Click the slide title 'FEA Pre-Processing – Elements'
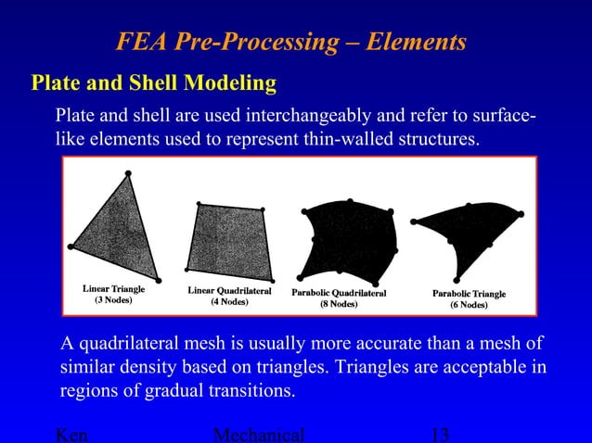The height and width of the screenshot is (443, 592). pyautogui.click(x=290, y=42)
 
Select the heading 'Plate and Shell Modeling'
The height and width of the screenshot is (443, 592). pyautogui.click(x=154, y=83)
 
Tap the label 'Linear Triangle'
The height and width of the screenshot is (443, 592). pyautogui.click(x=114, y=289)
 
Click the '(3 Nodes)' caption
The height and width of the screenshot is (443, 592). pyautogui.click(x=114, y=301)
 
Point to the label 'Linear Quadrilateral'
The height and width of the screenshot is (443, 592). pyautogui.click(x=229, y=290)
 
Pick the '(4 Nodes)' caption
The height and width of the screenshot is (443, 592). pyautogui.click(x=229, y=302)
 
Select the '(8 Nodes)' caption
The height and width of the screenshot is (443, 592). pyautogui.click(x=339, y=304)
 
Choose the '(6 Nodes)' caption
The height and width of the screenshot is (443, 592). pyautogui.click(x=469, y=305)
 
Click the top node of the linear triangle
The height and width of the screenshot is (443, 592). pyautogui.click(x=127, y=172)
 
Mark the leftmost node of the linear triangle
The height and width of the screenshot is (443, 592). pyautogui.click(x=71, y=247)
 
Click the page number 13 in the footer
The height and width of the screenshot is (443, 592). pyautogui.click(x=441, y=435)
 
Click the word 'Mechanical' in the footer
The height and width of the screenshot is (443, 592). pyautogui.click(x=259, y=435)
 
